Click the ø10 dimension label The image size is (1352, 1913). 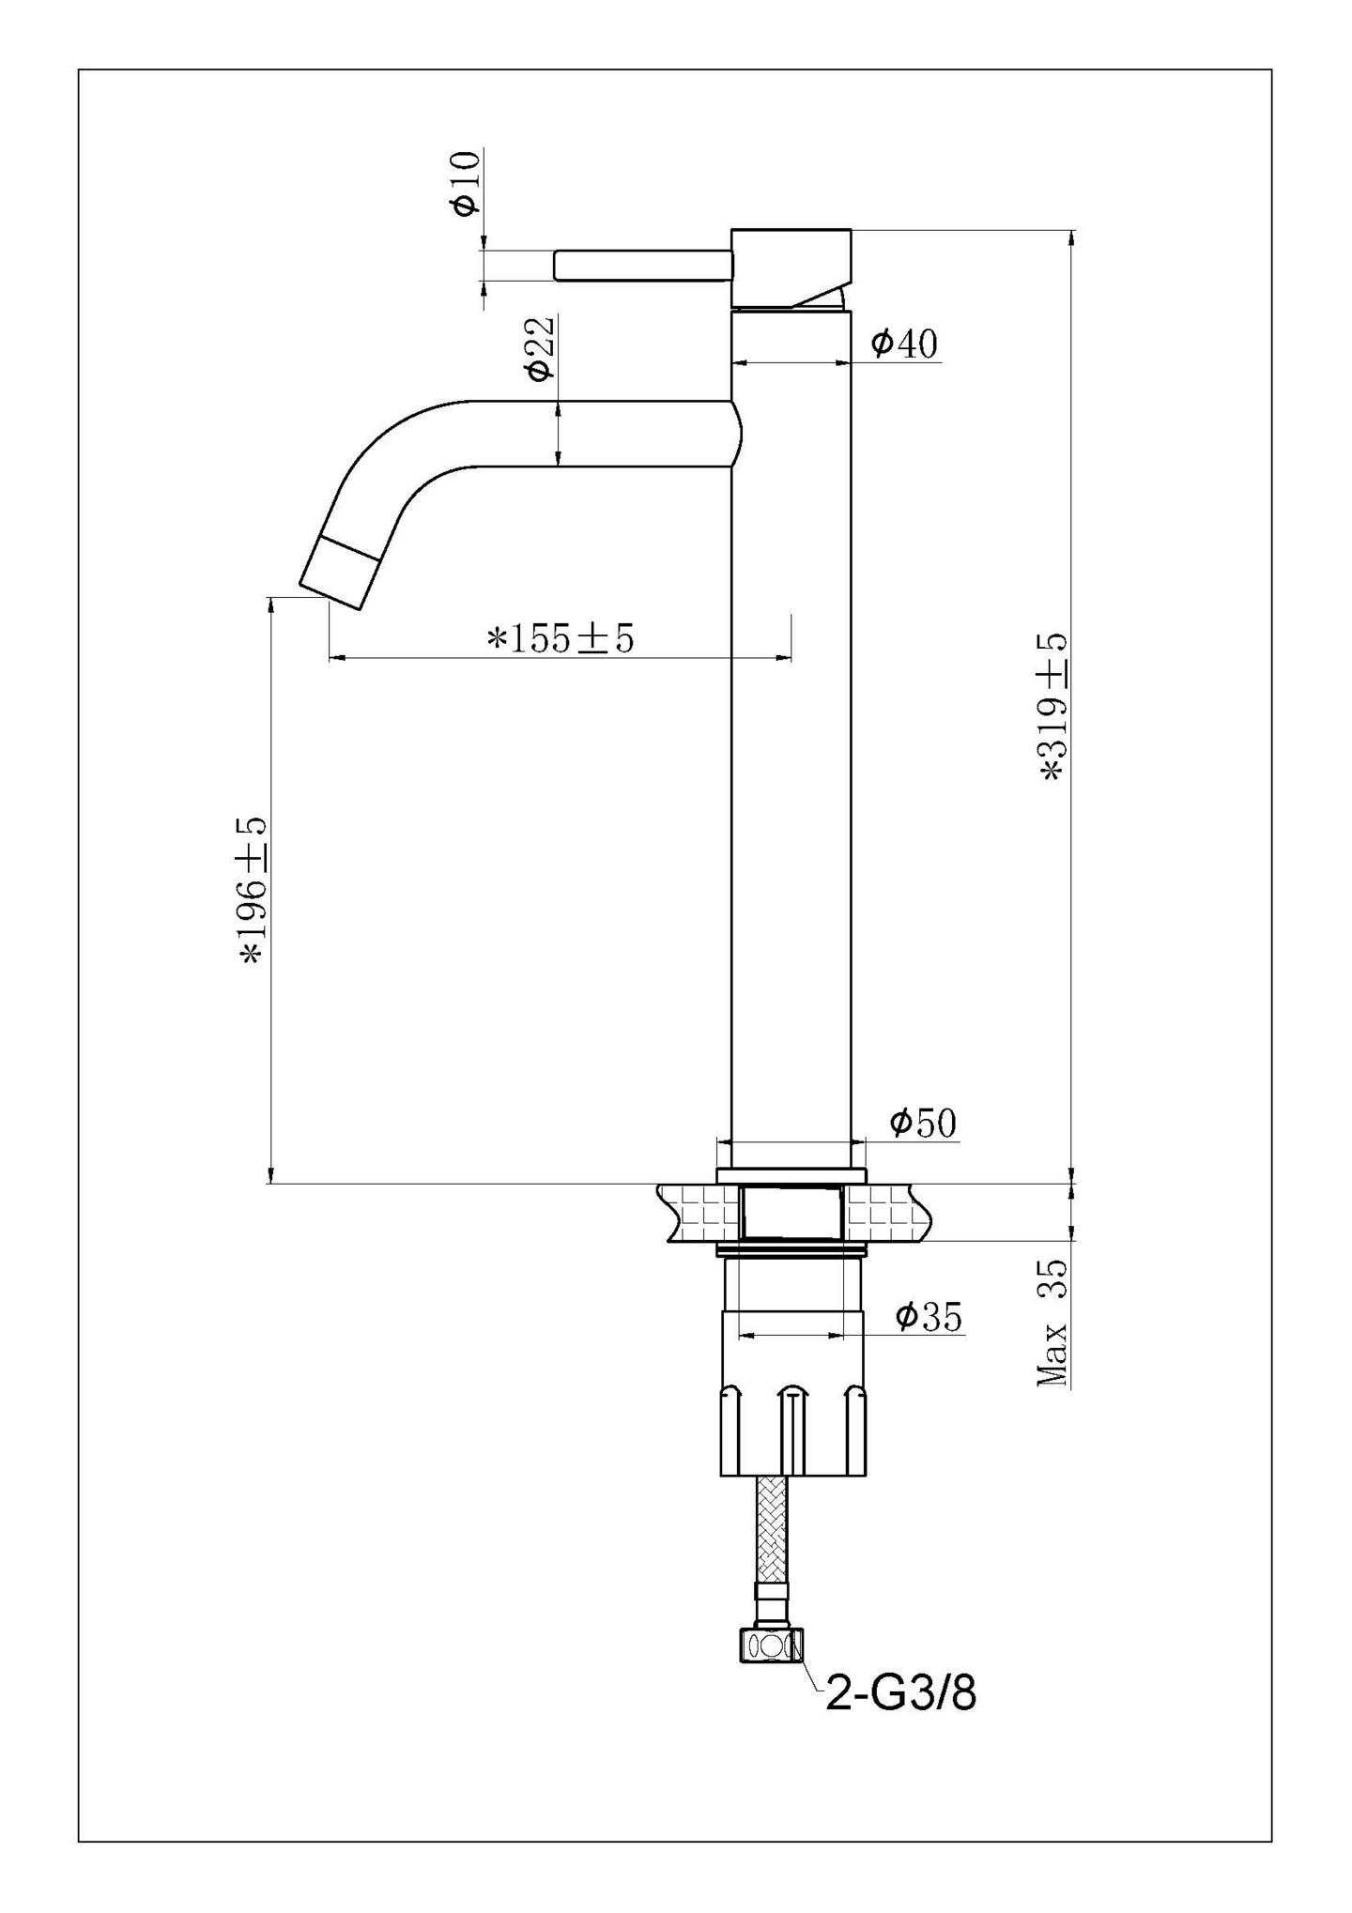(467, 182)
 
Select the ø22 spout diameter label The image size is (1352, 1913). (540, 349)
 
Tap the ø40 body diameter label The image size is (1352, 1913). (903, 344)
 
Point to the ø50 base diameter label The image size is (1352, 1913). (922, 1122)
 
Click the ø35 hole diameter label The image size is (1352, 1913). (928, 1317)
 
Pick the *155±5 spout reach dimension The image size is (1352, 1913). (561, 638)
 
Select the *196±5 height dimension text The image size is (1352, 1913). (253, 890)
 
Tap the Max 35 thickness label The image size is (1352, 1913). (1052, 1324)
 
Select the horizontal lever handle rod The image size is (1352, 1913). (642, 265)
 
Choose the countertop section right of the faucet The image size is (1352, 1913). (886, 1212)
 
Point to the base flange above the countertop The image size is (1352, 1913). (791, 1175)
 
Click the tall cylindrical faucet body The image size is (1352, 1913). (791, 751)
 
